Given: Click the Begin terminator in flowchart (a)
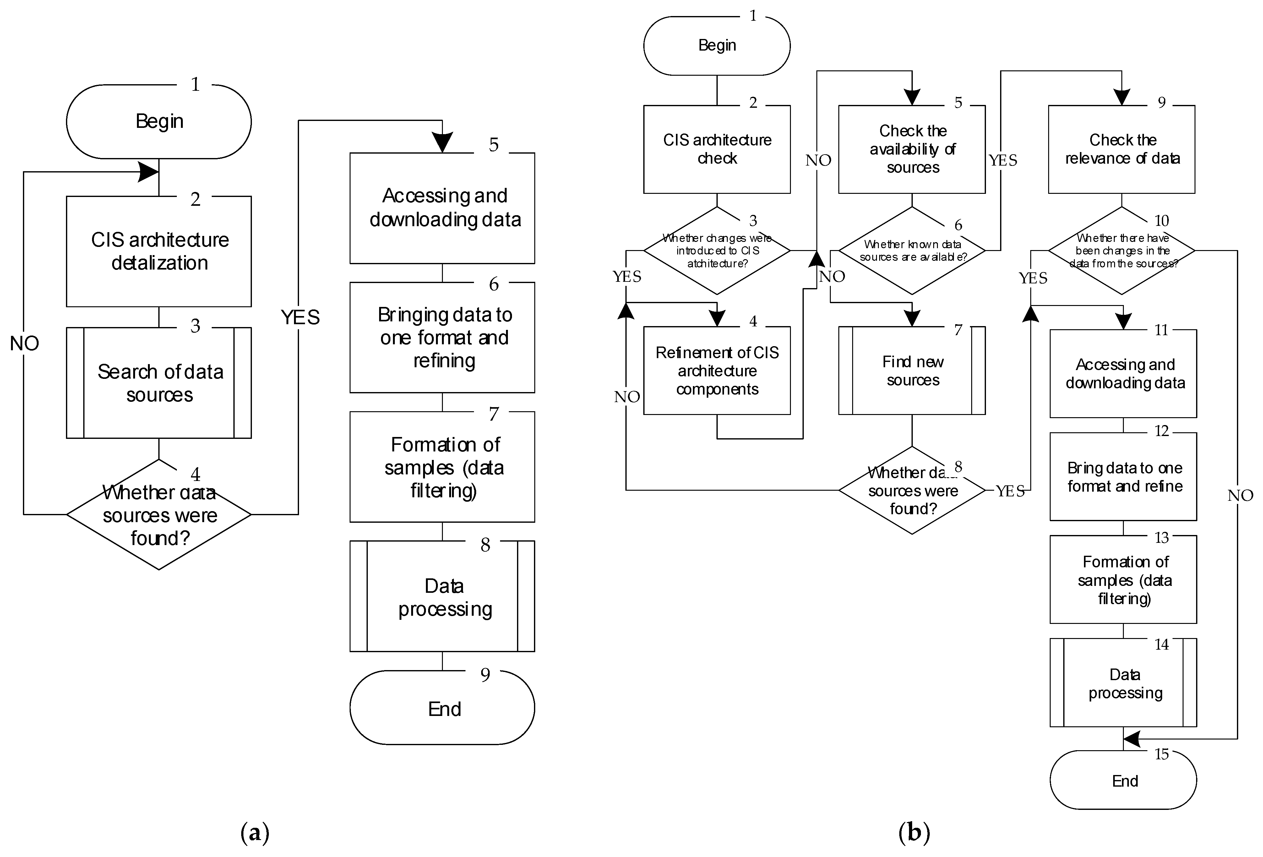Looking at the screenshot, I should coord(159,121).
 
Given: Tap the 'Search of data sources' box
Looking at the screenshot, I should coord(159,383).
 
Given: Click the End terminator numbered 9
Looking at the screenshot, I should coord(442,708).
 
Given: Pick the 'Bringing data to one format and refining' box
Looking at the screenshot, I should coord(442,337).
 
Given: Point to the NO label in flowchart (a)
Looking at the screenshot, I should coord(24,343).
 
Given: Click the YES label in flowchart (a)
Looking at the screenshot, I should coord(300,317).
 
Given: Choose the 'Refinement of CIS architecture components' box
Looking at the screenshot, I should coord(717,371).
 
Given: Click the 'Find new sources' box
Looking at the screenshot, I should coord(912,371).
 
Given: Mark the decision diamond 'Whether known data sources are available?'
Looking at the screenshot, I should coord(912,250).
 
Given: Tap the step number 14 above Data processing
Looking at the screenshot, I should coord(1161,645).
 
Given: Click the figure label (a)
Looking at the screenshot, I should coord(254,832).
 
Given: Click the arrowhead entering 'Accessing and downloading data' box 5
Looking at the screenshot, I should coord(443,143).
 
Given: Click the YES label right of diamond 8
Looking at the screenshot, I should coord(1010,491).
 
